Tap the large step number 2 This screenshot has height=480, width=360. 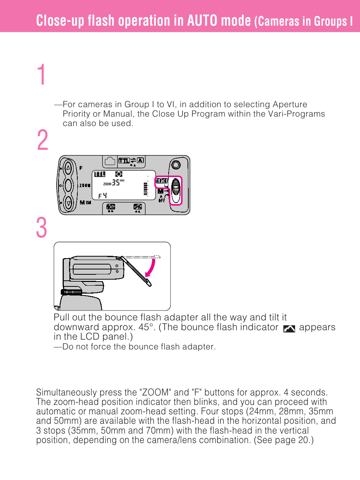tap(43, 140)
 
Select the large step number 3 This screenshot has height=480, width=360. tap(42, 228)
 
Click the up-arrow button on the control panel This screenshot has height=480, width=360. tap(68, 167)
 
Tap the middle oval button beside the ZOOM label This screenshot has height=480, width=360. tap(68, 185)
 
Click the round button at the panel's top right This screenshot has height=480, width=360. tap(175, 165)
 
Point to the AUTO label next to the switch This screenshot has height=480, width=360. tap(162, 181)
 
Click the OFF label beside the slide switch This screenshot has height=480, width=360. tap(162, 200)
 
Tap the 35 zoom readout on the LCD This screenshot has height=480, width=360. tap(116, 183)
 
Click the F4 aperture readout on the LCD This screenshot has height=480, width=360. tap(102, 195)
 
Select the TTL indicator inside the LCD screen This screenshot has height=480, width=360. tap(100, 174)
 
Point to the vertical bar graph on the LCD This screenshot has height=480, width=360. tap(145, 189)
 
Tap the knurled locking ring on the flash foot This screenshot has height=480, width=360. tap(72, 292)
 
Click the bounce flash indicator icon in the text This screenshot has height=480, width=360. tap(289, 329)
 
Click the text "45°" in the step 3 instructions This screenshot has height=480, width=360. tap(146, 327)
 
